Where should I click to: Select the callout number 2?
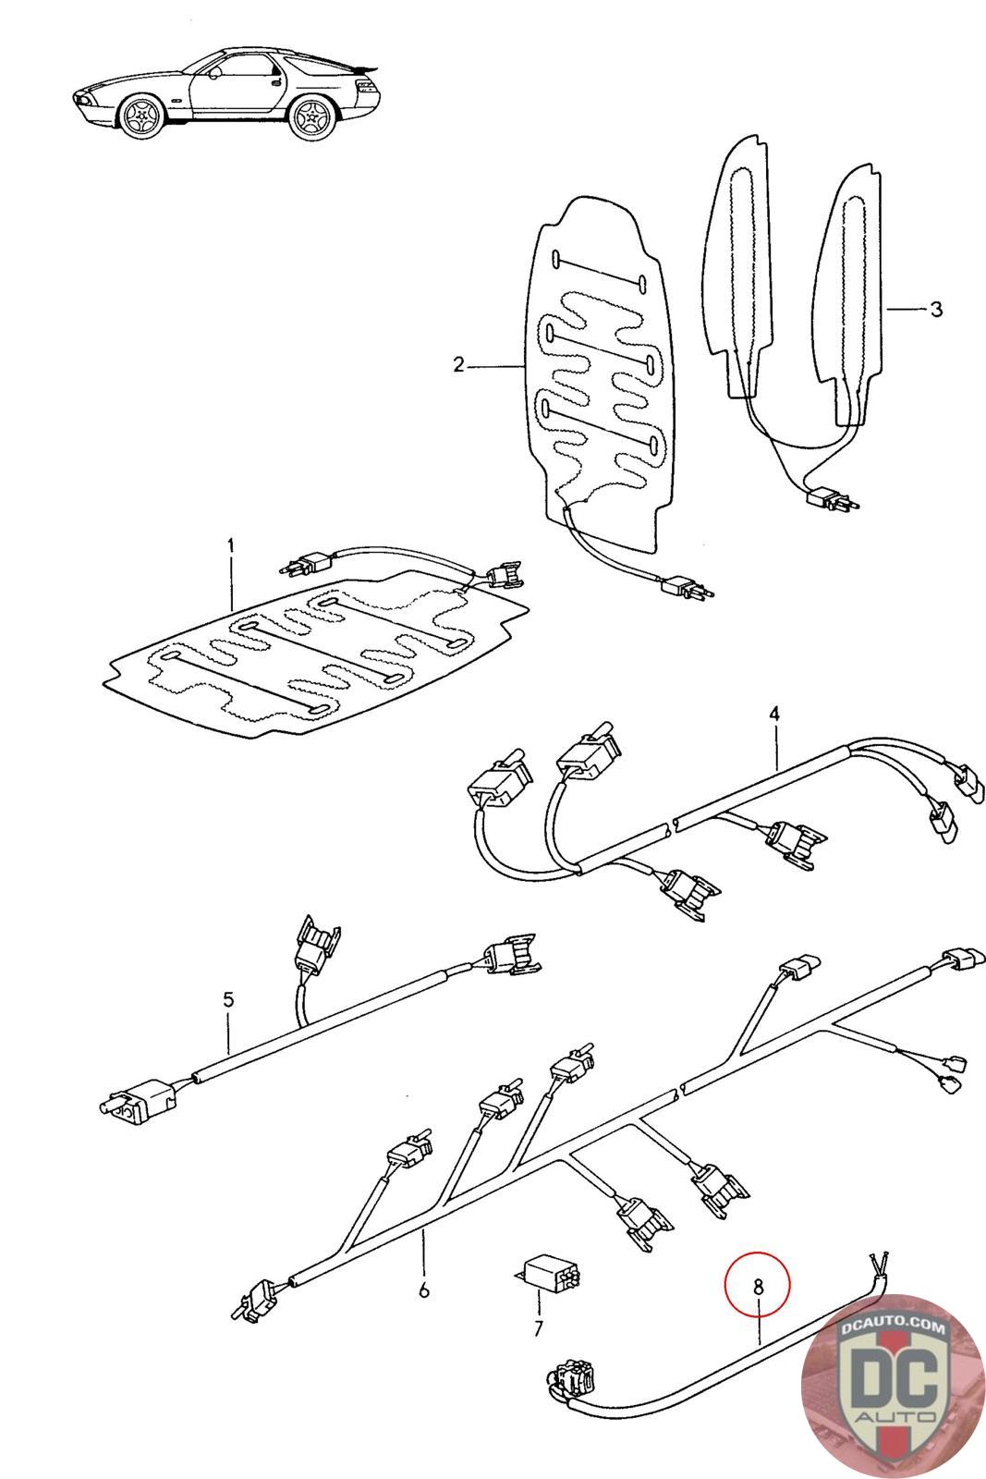(x=458, y=365)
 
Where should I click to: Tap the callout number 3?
(x=936, y=309)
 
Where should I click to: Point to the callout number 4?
(x=774, y=714)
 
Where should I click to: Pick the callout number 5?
(x=228, y=1000)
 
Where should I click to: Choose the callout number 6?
(x=424, y=1290)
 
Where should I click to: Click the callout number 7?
(x=539, y=1330)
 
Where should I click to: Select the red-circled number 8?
(x=758, y=1286)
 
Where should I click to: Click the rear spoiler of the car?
(x=365, y=67)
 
